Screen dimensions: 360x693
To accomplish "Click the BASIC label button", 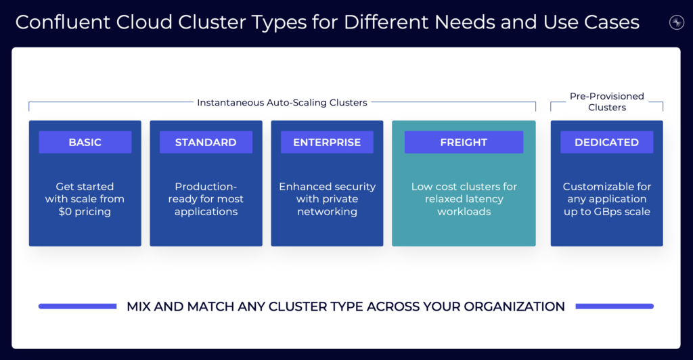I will coord(85,142).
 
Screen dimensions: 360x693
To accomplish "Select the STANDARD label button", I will coord(206,142).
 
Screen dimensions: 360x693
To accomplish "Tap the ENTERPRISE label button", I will coord(327,142).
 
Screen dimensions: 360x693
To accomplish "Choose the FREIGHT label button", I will coord(464,142).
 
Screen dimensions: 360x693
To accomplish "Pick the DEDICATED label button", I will coord(606,142).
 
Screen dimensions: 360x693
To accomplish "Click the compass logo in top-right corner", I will coord(676,22).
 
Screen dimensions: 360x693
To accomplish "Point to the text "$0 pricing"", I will coord(85,212).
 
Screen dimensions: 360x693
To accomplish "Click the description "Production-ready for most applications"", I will coord(206,199).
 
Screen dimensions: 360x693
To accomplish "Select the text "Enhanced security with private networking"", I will coord(327,199).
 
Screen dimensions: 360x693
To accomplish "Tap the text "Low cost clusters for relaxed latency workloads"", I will coord(464,199).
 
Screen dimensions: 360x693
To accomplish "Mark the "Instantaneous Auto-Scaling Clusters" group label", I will coord(282,103).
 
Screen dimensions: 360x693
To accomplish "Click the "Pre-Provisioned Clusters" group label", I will coord(606,102).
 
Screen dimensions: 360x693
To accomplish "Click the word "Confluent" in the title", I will coord(60,22).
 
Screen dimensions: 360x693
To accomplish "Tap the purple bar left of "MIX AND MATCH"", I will coord(77,307).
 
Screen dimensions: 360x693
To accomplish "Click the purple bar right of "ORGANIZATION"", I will coord(614,307).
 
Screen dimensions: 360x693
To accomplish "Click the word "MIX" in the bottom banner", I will coord(140,307).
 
